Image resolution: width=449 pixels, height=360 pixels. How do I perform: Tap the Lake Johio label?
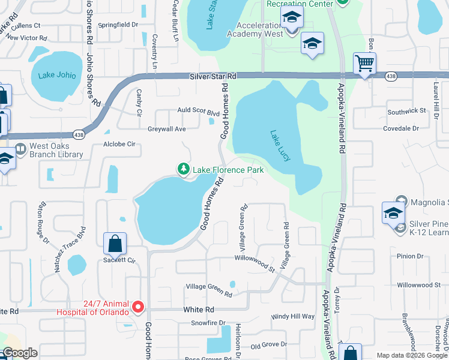coord(57,76)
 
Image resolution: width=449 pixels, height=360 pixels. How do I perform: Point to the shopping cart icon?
coord(364,63)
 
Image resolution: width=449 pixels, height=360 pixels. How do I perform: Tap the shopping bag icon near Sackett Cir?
coord(115,244)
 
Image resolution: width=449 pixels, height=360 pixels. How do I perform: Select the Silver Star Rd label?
coord(213,77)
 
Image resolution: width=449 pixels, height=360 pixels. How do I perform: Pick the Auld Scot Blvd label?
coord(198,112)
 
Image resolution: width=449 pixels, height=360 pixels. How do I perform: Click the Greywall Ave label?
coord(167,129)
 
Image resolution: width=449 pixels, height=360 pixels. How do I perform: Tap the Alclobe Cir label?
coord(120,145)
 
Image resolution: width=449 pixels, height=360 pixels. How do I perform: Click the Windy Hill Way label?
coord(293,316)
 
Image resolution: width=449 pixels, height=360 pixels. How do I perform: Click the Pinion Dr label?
coord(411,256)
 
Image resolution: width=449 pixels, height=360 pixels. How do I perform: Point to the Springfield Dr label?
coord(118,25)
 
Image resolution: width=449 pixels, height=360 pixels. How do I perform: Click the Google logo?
coord(20,353)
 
